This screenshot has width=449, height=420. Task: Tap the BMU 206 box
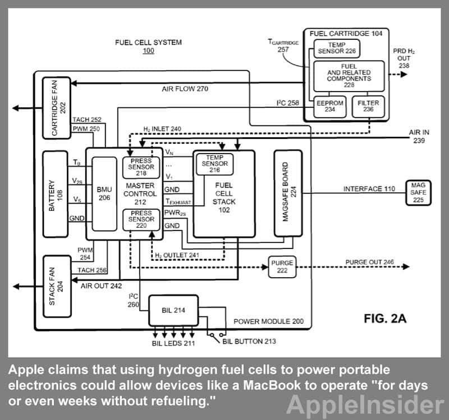[104, 194]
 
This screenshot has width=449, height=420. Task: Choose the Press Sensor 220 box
[140, 219]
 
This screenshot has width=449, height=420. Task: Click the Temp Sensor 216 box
[214, 164]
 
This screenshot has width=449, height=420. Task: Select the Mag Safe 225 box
[418, 192]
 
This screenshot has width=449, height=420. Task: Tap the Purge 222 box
[282, 267]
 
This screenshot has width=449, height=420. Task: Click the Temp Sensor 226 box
[336, 48]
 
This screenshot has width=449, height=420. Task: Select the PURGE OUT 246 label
[369, 262]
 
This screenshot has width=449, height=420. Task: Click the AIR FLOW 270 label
[181, 89]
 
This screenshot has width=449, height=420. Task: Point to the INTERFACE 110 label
[369, 189]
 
